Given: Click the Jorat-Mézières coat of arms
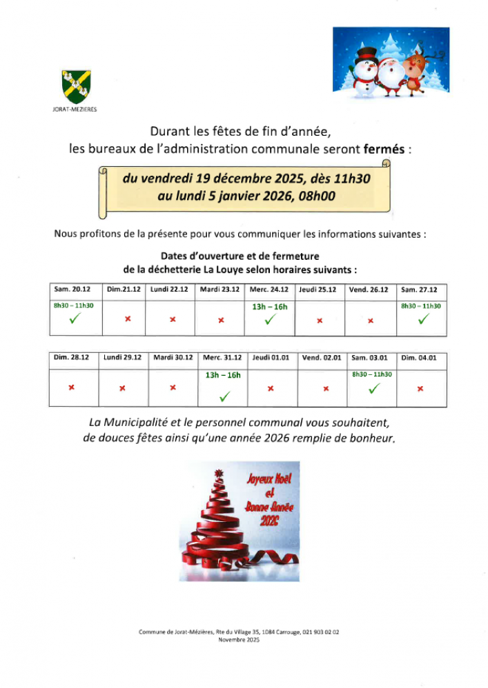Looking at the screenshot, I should pos(76,86).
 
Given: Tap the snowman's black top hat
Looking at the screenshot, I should pos(367,53).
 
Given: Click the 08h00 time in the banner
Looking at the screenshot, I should pos(317,195).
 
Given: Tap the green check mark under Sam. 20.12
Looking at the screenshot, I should pos(73,319).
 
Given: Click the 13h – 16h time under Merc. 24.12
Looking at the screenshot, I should pos(270,306).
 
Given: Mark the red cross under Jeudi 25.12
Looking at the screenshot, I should pos(320,321).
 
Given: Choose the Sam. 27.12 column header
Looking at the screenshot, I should pos(419,290).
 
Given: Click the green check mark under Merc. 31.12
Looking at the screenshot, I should pos(224,396).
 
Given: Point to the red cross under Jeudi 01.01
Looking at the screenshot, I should pos(271,388).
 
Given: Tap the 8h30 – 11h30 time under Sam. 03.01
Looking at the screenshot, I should pos(372,374).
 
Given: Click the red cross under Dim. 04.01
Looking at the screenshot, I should pos(420,388).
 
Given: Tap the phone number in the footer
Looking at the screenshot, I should pos(321,631).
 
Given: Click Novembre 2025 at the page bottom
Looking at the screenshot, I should pos(238,640).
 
